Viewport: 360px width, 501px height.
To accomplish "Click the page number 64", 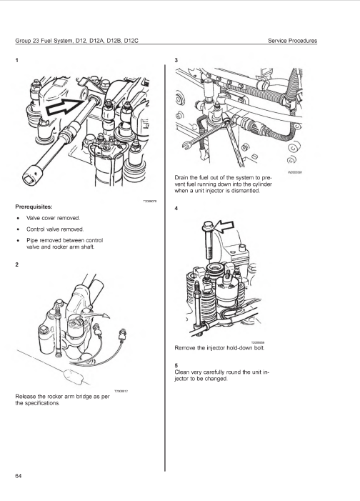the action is point(18,476).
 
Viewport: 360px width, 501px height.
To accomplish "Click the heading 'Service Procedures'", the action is point(292,41).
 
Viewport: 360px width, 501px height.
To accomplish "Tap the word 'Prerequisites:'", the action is point(34,207).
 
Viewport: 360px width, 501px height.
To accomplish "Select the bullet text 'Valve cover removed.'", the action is point(53,218).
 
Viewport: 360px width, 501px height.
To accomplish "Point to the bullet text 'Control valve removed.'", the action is point(55,229).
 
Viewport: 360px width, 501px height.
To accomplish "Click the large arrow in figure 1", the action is point(66,106).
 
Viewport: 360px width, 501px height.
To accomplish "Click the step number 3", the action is point(176,60).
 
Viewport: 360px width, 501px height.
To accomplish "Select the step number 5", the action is point(176,365).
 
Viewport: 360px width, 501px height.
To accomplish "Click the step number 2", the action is point(17,264).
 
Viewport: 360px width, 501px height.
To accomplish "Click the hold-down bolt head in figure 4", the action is point(207,226).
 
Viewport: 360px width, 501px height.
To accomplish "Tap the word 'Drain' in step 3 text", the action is point(181,177).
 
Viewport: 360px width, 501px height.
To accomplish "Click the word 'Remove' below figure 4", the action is point(184,348).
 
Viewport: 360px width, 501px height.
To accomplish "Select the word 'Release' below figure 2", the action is point(25,397).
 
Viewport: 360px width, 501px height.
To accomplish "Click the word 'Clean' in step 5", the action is point(181,372).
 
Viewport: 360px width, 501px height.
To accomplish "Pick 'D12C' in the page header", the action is point(131,41).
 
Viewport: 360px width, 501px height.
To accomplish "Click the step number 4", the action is point(176,208).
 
